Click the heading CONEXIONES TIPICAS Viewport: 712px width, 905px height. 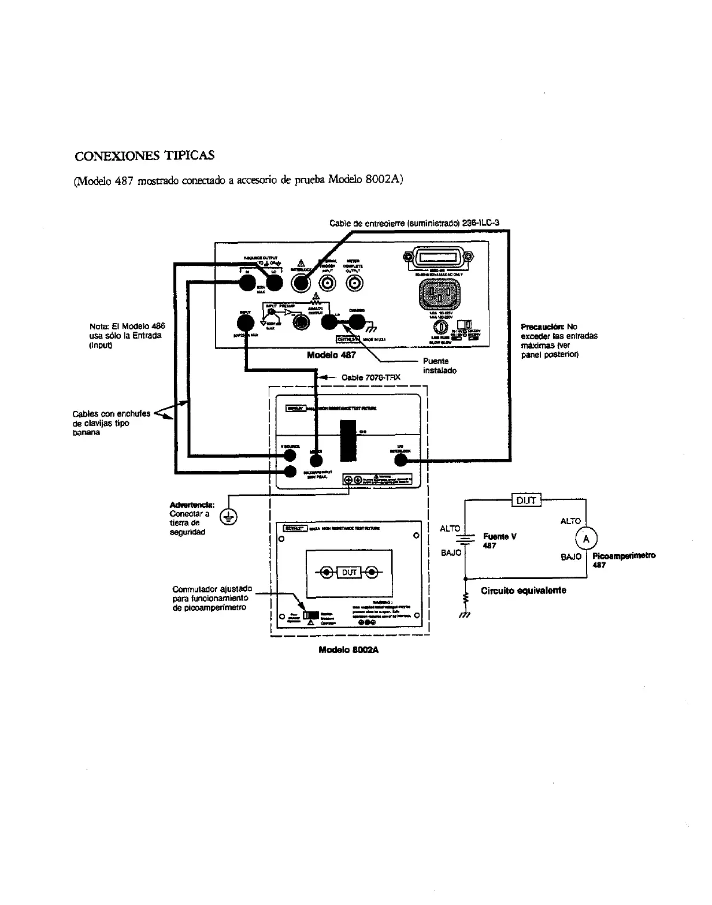point(145,156)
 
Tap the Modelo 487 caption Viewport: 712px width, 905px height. point(331,355)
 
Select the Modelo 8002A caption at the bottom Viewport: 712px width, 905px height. point(348,650)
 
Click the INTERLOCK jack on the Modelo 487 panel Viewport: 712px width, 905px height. point(301,283)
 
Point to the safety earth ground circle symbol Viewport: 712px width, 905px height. point(229,517)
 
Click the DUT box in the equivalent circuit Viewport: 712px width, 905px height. point(526,500)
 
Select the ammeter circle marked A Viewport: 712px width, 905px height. point(587,539)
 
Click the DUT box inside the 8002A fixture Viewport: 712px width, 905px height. point(349,573)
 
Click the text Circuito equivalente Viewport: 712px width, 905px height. point(524,591)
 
